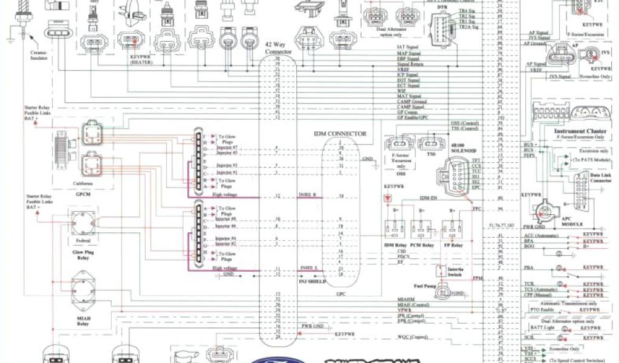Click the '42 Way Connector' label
pyautogui.click(x=279, y=48)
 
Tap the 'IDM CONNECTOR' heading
pyautogui.click(x=340, y=132)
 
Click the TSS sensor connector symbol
pyautogui.click(x=431, y=144)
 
